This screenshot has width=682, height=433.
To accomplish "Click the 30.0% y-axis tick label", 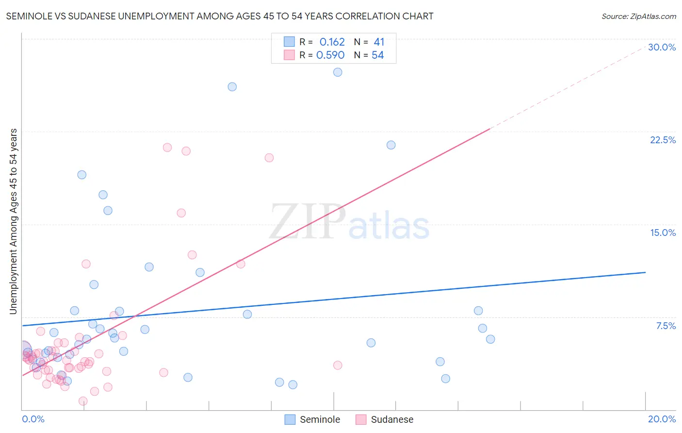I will pos(662,47).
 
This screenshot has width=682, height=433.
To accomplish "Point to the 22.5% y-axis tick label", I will pos(663,140).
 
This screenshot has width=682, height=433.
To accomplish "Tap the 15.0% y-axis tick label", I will pos(663,233).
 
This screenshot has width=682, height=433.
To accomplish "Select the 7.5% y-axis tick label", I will pos(666,326).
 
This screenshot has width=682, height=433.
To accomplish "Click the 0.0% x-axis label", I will pos(33,419).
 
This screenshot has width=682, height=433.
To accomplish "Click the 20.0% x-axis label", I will pos(662,419).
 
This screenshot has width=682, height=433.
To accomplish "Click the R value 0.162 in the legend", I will pos(332,42).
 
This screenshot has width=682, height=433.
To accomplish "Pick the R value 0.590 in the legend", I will pos(330,55).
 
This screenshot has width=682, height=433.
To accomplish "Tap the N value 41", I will pos(379,42).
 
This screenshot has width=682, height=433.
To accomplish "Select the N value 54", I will pos(377,55).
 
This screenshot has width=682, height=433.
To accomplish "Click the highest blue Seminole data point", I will pos(338,72).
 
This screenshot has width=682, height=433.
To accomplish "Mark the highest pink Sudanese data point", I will pos(167,148).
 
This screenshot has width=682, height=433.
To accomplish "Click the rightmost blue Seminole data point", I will pos(490,339).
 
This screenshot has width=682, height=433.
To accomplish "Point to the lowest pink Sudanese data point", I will pos(83,401).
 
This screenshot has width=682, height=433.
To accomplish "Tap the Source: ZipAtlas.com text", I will pos(638,16).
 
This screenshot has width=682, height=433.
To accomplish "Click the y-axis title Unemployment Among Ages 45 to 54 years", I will pos(13,221).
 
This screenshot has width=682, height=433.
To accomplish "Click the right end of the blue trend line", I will pos(645,272).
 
